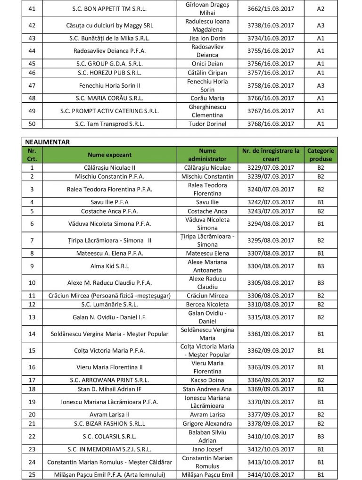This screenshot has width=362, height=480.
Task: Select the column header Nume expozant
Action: point(109,154)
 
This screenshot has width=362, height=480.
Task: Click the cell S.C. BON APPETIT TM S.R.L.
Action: point(109,8)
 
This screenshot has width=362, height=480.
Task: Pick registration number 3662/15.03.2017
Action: point(271,8)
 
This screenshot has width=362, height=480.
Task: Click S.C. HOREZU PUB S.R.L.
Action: point(109,73)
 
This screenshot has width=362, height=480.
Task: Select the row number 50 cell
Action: point(32,124)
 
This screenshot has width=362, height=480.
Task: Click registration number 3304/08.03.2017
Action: point(271,266)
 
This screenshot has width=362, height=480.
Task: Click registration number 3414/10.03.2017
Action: point(271,474)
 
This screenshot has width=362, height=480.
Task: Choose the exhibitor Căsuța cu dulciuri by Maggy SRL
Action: point(109,25)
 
